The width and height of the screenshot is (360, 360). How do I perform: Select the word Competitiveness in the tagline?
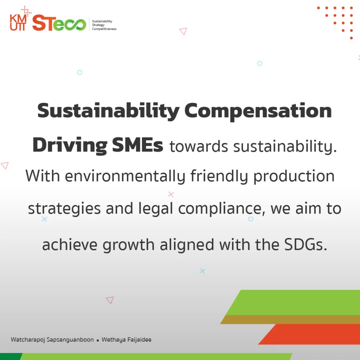click(104, 29)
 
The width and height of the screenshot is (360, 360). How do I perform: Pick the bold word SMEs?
click(137, 145)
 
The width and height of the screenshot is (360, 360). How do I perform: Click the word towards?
click(199, 147)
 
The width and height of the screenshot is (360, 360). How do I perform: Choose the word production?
click(294, 176)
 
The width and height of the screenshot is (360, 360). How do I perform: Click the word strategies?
click(64, 209)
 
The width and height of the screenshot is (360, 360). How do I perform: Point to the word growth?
click(129, 245)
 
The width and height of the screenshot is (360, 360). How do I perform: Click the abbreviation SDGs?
click(306, 245)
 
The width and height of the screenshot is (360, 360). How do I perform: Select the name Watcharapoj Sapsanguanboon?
click(52, 340)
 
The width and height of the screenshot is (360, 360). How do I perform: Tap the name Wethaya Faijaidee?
click(127, 340)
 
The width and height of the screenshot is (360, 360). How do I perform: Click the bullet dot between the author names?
click(98, 340)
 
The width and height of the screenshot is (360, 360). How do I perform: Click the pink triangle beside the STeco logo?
click(183, 31)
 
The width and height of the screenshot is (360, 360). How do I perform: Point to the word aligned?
click(187, 245)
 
